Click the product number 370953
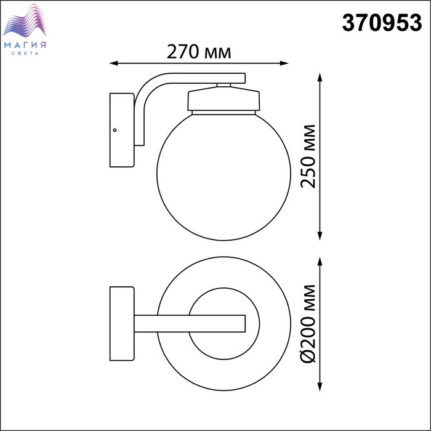point(382,23)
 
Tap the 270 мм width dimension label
point(199,52)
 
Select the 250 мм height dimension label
point(308,156)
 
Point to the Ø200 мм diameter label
point(308,324)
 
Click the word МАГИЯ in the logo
point(25,45)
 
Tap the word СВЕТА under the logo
point(25,54)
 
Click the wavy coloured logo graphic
point(25,20)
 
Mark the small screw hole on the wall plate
point(115,130)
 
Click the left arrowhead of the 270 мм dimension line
point(113,63)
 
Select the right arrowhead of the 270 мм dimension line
point(284,63)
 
